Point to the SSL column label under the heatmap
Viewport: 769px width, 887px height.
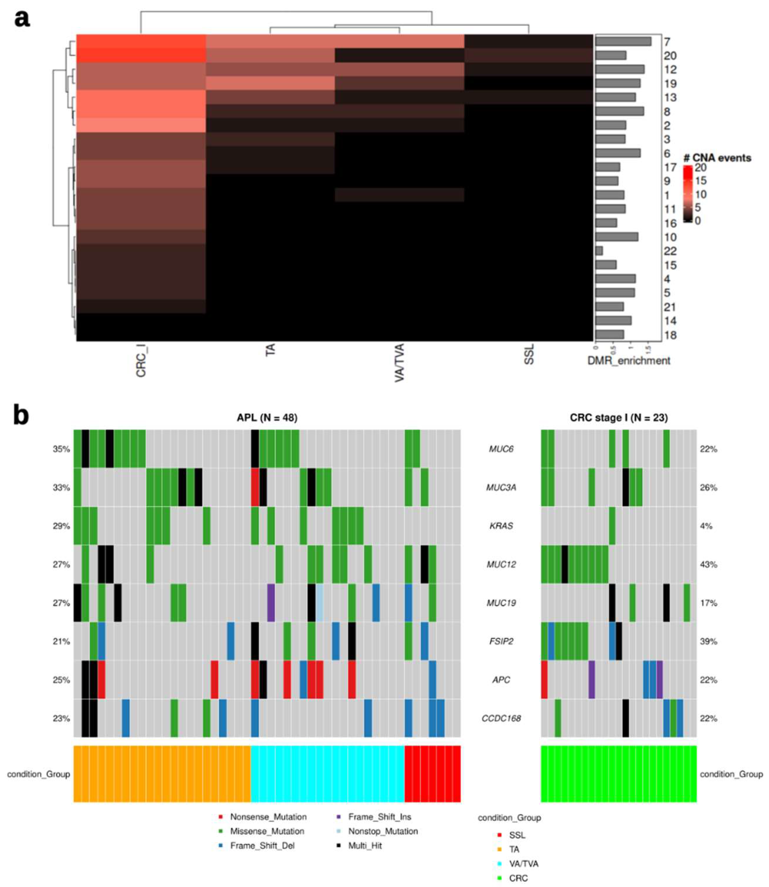point(529,354)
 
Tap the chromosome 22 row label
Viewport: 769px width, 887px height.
point(670,251)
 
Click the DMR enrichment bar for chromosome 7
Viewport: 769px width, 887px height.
point(623,42)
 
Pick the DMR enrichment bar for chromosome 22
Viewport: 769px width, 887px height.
point(599,251)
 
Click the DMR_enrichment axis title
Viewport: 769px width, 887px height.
point(629,361)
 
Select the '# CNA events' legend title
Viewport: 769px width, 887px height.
point(717,158)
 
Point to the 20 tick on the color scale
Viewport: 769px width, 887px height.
point(700,167)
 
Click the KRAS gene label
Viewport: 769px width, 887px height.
point(501,526)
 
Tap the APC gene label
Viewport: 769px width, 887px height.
point(501,680)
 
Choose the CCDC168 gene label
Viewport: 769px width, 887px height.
point(501,718)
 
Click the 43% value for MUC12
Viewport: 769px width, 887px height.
point(709,564)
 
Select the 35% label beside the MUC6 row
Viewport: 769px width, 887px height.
point(61,449)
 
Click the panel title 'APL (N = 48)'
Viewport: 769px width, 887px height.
point(267,417)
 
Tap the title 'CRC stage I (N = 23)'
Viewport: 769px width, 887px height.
point(618,417)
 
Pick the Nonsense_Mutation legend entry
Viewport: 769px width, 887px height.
point(268,817)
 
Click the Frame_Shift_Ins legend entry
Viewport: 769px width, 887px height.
point(379,817)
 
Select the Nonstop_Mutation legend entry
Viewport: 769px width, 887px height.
point(383,831)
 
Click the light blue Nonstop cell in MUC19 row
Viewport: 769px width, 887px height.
point(320,603)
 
